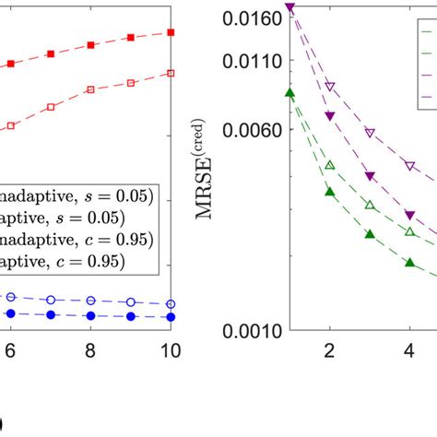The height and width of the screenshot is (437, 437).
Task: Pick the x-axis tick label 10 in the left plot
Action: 170,351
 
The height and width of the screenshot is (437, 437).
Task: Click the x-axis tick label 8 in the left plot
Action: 90,351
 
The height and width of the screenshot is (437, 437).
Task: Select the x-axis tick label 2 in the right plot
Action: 329,351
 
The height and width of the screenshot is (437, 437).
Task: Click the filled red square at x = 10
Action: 171,32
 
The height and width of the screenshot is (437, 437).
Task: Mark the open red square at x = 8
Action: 90,89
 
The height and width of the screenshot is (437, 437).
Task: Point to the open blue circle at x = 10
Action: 171,304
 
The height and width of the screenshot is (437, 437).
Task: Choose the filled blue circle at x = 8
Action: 90,316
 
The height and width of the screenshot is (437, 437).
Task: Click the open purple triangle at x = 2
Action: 330,87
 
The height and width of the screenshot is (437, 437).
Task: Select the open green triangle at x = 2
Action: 330,165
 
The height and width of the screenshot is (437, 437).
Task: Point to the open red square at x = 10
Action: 171,73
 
